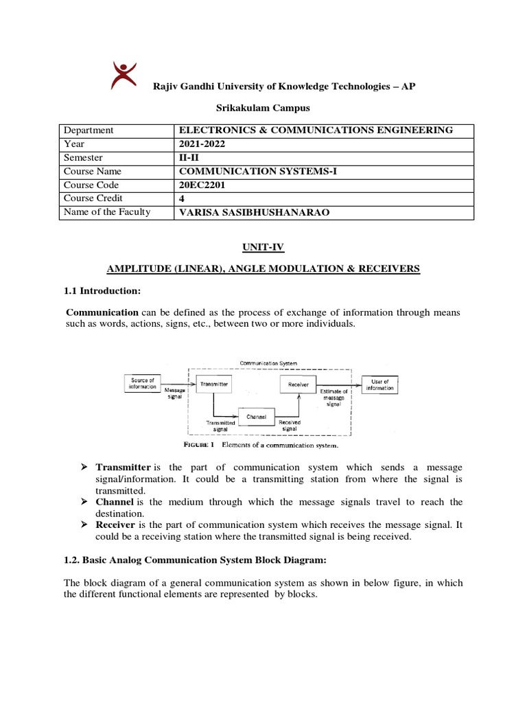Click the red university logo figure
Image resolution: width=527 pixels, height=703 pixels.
click(124, 75)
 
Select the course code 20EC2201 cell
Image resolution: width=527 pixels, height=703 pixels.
click(203, 185)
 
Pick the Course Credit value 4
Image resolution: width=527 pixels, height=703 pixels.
click(182, 198)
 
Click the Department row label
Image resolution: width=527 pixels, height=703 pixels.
click(89, 130)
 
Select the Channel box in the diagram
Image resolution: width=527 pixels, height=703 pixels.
click(257, 416)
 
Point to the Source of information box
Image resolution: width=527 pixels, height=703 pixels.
click(142, 383)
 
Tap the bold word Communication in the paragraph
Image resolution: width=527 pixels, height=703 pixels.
click(102, 312)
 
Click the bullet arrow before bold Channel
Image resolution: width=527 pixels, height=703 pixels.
click(84, 502)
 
